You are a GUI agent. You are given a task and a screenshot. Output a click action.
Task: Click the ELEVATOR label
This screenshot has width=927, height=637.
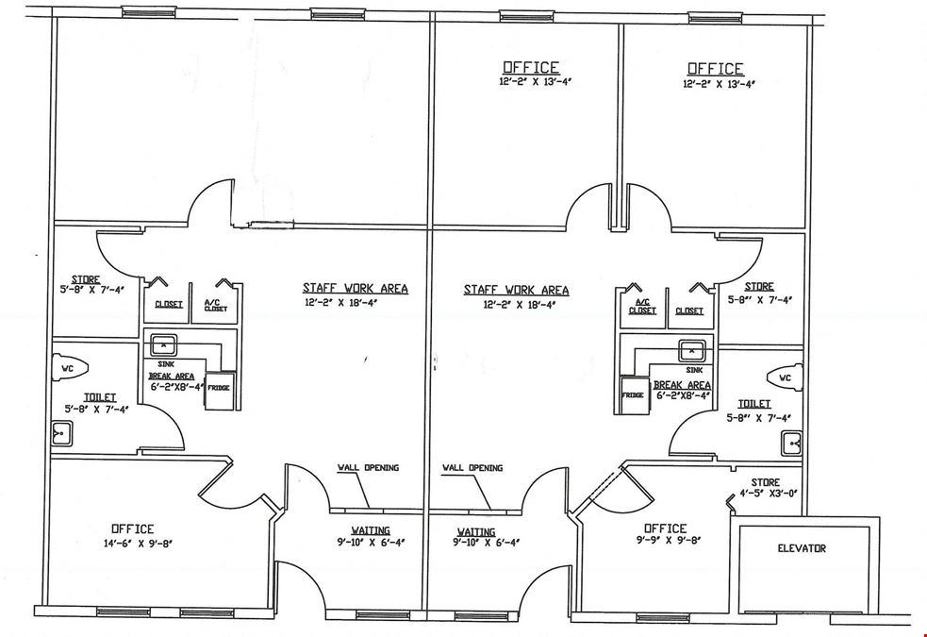click(801, 548)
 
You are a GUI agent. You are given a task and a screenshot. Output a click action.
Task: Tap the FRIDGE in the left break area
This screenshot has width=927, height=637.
click(220, 391)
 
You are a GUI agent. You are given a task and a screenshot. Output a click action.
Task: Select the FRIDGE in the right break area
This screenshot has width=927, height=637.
click(633, 395)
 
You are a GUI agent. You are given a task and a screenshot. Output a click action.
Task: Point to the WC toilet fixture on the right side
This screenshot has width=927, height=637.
click(786, 377)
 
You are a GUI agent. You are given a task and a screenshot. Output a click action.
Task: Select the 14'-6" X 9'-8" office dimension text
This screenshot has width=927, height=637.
click(137, 543)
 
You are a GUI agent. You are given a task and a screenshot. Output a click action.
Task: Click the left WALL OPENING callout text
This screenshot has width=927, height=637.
click(368, 468)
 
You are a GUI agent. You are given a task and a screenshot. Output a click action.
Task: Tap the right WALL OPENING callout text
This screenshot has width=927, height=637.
click(472, 468)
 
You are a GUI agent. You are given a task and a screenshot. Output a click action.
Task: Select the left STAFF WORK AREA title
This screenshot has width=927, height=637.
click(356, 288)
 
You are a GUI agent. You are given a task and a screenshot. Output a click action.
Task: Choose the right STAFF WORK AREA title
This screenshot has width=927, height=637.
click(516, 290)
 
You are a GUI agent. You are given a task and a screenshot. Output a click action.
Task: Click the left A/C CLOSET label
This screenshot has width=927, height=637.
click(216, 305)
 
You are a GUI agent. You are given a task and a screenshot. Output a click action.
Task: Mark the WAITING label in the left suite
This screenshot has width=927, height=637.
click(371, 530)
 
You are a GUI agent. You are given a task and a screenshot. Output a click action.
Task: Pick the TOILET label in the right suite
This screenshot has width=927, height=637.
click(754, 404)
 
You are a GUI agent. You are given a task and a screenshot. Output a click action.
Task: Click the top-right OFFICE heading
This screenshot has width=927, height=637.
click(716, 69)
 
